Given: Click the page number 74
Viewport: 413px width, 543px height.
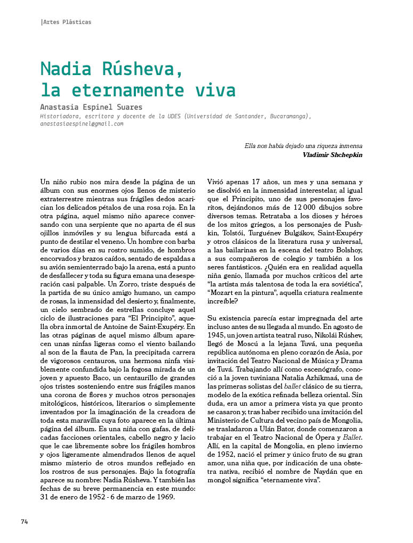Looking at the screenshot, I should tap(25, 521).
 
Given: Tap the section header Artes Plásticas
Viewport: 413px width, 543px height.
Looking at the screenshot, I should tap(67, 22).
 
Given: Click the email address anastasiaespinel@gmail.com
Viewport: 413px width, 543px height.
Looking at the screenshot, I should tap(82, 124).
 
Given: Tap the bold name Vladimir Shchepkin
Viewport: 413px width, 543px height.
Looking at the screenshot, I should tap(333, 155).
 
